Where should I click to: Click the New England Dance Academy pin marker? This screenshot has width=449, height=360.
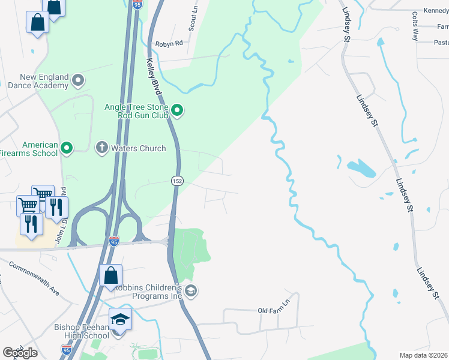(x=78, y=79)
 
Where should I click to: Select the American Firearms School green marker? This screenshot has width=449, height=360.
(x=67, y=147)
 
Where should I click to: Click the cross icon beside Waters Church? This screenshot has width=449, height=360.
(x=102, y=147)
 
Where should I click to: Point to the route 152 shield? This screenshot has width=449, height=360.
(x=176, y=181)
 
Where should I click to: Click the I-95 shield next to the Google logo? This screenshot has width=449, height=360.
(x=67, y=348)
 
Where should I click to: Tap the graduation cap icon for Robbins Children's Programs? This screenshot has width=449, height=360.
(x=191, y=292)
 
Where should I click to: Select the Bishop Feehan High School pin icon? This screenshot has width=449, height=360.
(x=120, y=319)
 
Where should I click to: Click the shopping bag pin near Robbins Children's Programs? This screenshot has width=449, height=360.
(x=111, y=276)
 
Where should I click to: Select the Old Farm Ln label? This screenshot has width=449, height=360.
(x=274, y=310)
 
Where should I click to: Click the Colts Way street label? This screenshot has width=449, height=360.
(x=415, y=26)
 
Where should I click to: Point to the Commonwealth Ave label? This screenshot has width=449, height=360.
(x=34, y=280)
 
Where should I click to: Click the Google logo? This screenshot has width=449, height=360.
(x=20, y=353)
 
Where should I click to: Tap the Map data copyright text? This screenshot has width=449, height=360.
(x=424, y=355)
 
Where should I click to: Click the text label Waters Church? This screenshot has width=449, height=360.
(x=139, y=148)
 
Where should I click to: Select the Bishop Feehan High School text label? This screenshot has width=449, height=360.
(x=82, y=331)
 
